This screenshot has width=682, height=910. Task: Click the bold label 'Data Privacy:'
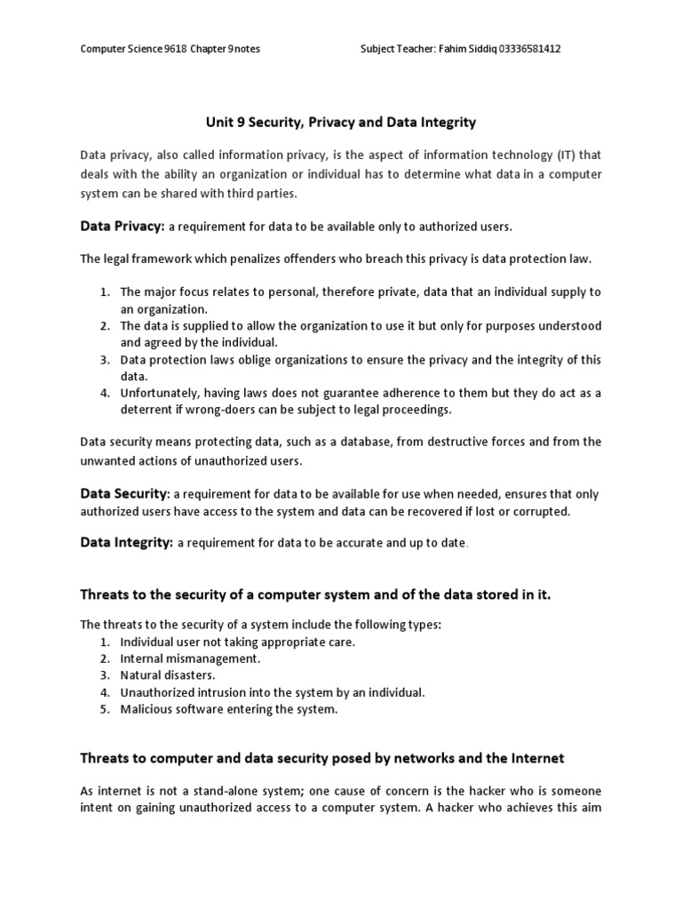123,227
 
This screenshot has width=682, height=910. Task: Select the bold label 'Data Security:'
125,493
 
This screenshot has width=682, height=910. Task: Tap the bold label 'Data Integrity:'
127,542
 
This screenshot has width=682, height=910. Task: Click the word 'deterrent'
147,410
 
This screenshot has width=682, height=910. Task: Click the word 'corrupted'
542,512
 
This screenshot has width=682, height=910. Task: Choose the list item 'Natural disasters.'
168,675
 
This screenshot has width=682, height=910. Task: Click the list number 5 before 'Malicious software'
104,709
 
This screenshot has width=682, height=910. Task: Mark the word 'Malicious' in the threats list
146,709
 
